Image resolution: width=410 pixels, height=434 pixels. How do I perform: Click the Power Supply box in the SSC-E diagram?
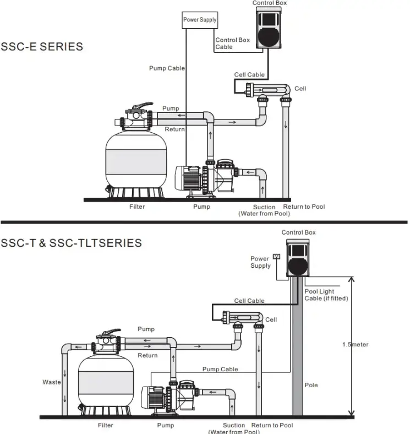[200, 20]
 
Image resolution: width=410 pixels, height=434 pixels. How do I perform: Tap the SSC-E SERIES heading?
[42, 47]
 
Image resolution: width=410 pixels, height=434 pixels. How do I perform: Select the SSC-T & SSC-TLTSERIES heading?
[71, 243]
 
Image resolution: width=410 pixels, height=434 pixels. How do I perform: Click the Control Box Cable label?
[232, 44]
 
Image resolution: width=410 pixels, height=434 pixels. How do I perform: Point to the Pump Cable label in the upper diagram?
[167, 68]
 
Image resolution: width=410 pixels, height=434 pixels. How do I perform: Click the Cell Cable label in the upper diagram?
[249, 75]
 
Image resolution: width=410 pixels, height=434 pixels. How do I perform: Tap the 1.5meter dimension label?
[355, 345]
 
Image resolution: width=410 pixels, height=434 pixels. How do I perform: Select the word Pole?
[311, 385]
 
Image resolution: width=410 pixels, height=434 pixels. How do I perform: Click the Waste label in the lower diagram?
[52, 382]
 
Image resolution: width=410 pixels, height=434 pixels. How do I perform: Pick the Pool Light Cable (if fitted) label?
[326, 295]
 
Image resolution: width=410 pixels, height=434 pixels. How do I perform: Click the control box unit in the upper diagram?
[270, 30]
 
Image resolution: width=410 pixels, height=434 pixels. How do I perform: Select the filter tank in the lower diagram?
[106, 380]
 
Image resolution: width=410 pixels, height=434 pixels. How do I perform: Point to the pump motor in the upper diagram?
[189, 178]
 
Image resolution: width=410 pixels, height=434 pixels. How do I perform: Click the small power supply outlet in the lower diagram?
[277, 256]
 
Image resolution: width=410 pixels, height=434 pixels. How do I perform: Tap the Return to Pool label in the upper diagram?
[304, 207]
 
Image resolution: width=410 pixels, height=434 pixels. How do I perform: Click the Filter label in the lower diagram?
[106, 425]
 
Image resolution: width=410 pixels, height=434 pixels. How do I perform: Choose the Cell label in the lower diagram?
[271, 319]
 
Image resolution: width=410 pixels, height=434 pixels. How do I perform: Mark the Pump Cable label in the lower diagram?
[220, 369]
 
